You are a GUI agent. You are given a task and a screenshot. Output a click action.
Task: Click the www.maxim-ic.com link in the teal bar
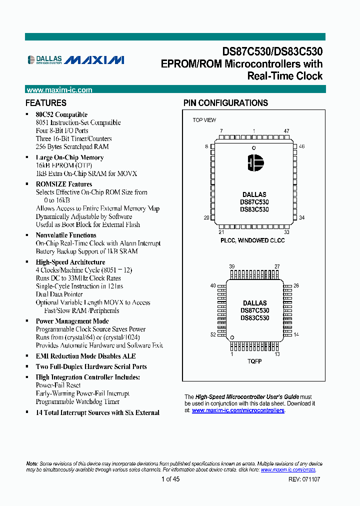point(59,90)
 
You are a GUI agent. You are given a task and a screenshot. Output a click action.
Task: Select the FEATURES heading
point(46,103)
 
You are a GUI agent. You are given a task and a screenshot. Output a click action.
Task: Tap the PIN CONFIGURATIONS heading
point(225,103)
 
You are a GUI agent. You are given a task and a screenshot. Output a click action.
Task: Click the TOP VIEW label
point(204,120)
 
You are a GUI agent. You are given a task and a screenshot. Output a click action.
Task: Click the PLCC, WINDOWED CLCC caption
point(252,240)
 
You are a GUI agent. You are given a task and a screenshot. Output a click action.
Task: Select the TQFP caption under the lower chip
point(254,361)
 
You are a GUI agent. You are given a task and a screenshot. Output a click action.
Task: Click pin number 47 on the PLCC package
point(286,131)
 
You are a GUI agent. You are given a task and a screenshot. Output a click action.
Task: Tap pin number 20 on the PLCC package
point(206,217)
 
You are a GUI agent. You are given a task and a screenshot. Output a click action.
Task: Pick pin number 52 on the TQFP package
point(213,334)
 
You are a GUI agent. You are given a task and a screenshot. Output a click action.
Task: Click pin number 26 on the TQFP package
point(296,286)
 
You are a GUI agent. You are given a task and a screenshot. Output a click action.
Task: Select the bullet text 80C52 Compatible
point(61,114)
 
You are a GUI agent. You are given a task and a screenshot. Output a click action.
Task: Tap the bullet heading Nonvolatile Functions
point(66,235)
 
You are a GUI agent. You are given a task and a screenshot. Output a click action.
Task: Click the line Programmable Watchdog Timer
point(77,401)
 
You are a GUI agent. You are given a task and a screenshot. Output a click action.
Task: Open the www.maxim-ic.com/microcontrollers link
point(238,410)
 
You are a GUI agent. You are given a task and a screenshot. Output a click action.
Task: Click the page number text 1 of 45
point(170,479)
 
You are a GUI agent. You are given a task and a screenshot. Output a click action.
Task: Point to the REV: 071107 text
point(304,479)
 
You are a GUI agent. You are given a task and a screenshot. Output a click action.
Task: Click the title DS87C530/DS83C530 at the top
point(272,51)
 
